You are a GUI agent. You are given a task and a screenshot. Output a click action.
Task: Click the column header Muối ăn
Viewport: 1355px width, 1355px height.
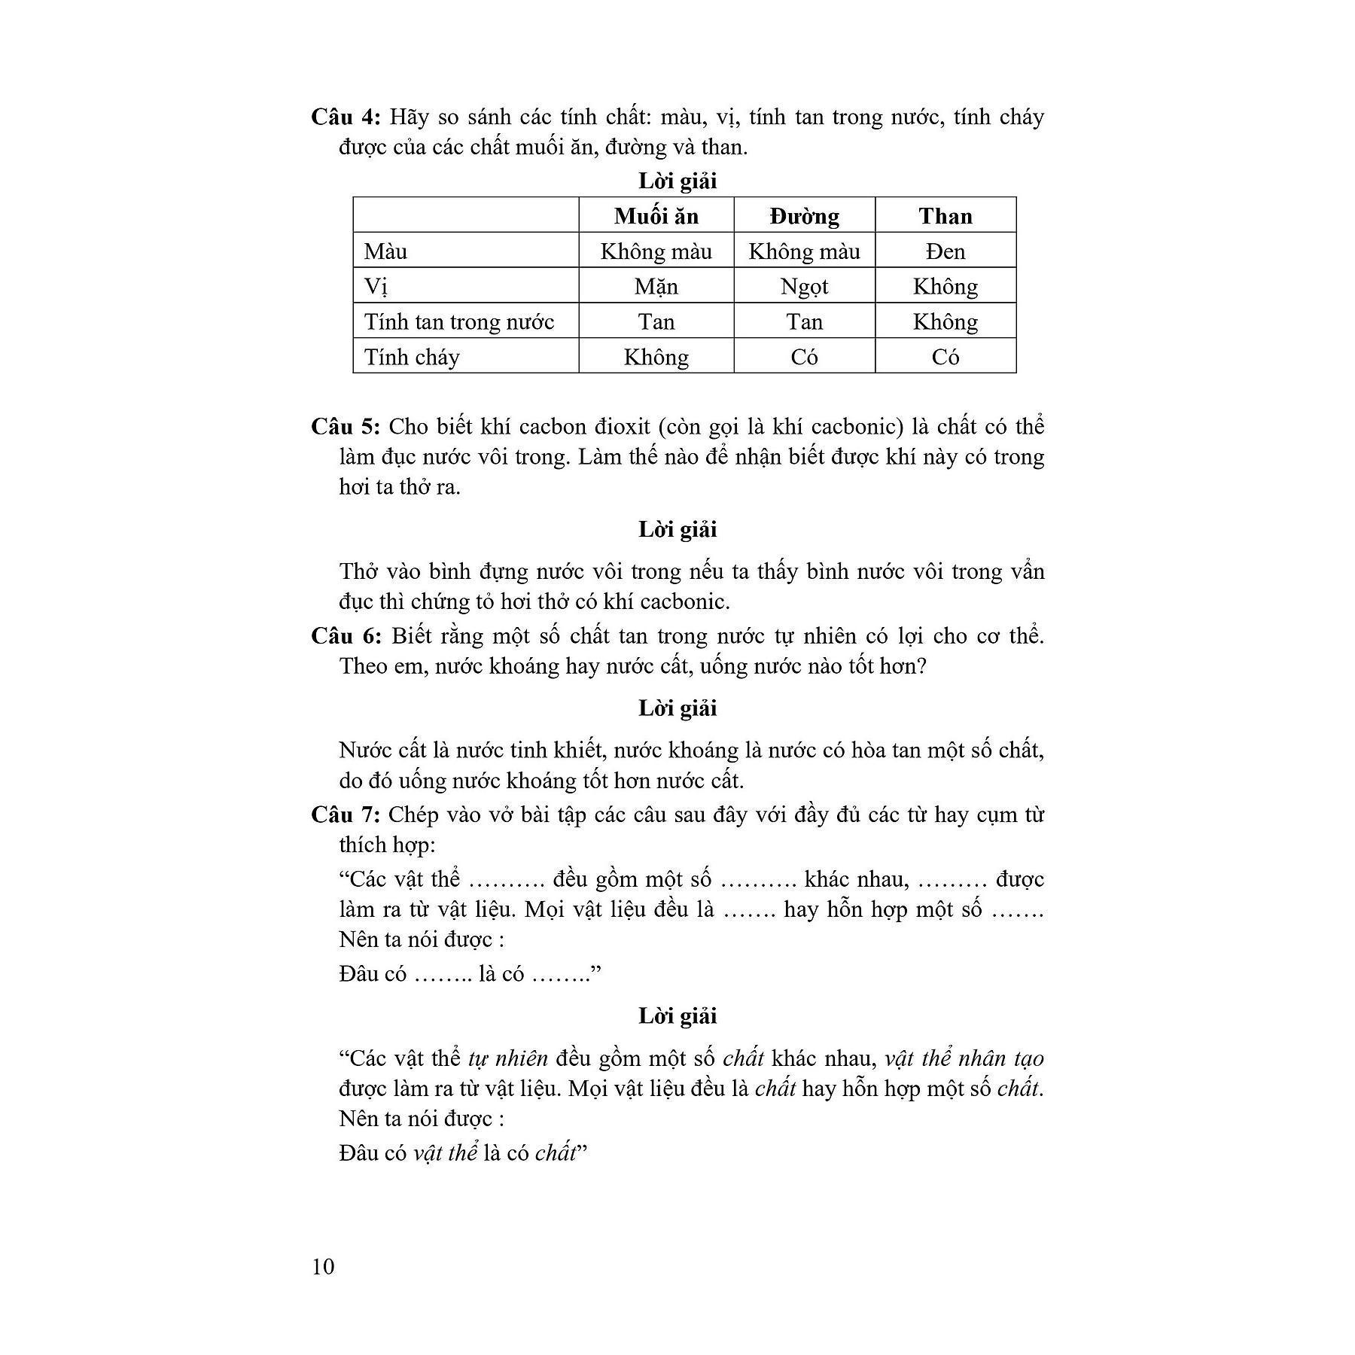[x=656, y=216]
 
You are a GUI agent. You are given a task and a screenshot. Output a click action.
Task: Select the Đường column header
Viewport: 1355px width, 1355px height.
[x=804, y=216]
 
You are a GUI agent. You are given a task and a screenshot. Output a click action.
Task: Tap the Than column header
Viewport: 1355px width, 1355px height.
[x=945, y=216]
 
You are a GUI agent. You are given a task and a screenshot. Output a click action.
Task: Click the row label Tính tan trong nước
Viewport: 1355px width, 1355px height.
[x=459, y=322]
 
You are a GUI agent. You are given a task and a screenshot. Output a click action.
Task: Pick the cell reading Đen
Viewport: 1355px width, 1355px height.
[x=945, y=251]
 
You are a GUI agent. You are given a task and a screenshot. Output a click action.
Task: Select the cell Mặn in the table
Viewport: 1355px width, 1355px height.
[x=656, y=287]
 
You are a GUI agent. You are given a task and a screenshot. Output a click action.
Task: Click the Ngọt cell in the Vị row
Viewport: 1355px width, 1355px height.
[x=804, y=287]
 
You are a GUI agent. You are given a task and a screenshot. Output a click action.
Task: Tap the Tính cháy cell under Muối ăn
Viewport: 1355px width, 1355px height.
[x=656, y=357]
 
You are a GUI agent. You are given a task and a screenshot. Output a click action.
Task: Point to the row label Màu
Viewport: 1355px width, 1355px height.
[x=385, y=251]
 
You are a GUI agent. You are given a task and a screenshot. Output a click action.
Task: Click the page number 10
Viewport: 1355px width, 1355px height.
[x=322, y=1266]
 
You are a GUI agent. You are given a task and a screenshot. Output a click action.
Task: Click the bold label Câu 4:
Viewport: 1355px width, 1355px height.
[x=346, y=117]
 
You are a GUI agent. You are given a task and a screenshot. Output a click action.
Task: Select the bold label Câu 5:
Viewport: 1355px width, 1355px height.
[x=346, y=427]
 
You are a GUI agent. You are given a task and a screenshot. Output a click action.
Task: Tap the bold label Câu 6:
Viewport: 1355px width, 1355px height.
[x=346, y=636]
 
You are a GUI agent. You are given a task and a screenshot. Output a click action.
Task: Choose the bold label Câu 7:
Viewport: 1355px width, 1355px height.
[x=346, y=815]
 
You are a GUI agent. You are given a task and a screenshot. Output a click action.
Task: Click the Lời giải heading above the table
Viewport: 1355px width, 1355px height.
[x=677, y=181]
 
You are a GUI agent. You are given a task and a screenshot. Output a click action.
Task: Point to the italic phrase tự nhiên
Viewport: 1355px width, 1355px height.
[x=508, y=1058]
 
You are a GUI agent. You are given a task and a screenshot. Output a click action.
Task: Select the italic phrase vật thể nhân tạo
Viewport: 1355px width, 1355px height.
[x=964, y=1058]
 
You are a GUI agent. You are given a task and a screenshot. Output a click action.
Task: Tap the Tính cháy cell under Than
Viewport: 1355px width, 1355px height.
[x=945, y=357]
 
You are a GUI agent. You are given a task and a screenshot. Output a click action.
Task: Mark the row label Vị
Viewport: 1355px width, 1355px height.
[x=376, y=287]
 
